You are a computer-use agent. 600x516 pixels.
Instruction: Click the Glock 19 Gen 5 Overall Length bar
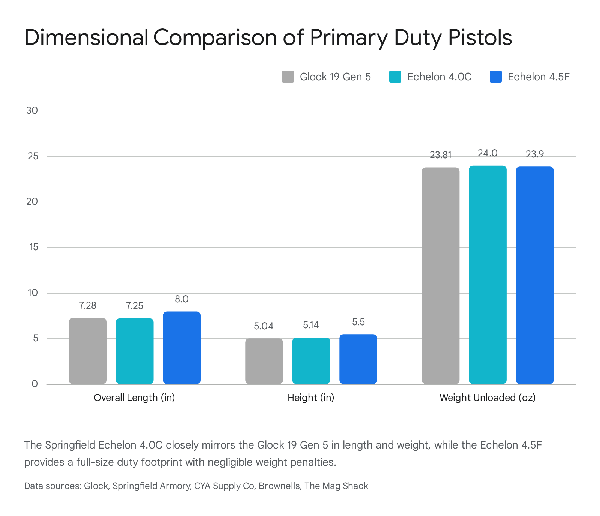pyautogui.click(x=88, y=351)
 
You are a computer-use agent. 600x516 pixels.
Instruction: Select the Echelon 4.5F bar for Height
pyautogui.click(x=358, y=359)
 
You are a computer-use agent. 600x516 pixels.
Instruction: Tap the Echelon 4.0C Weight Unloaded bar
pyautogui.click(x=487, y=275)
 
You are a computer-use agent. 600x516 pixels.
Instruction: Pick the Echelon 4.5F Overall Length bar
pyautogui.click(x=182, y=348)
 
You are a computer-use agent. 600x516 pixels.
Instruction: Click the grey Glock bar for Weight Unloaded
pyautogui.click(x=441, y=276)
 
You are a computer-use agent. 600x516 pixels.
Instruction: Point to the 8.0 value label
pyautogui.click(x=181, y=299)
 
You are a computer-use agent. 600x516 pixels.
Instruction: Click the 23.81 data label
pyautogui.click(x=441, y=155)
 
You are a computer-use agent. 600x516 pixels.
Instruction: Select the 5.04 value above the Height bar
pyautogui.click(x=264, y=326)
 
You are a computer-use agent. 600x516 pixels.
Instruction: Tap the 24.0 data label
pyautogui.click(x=487, y=153)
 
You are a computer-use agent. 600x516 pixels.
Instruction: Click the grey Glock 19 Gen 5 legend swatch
pyautogui.click(x=288, y=76)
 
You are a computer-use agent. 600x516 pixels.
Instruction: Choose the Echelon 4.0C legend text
pyautogui.click(x=439, y=77)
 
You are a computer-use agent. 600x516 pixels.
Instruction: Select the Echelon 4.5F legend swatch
pyautogui.click(x=496, y=76)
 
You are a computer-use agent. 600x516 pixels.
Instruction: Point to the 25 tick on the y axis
pyautogui.click(x=33, y=156)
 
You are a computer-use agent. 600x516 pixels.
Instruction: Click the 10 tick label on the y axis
pyautogui.click(x=33, y=293)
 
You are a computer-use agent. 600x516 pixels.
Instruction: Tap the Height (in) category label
pyautogui.click(x=311, y=398)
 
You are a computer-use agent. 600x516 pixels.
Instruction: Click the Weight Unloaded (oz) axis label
pyautogui.click(x=487, y=398)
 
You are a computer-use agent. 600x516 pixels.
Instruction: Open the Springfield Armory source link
pyautogui.click(x=151, y=486)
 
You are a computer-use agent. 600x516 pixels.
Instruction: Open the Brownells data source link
pyautogui.click(x=279, y=486)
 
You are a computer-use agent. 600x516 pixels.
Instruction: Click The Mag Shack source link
pyautogui.click(x=336, y=486)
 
